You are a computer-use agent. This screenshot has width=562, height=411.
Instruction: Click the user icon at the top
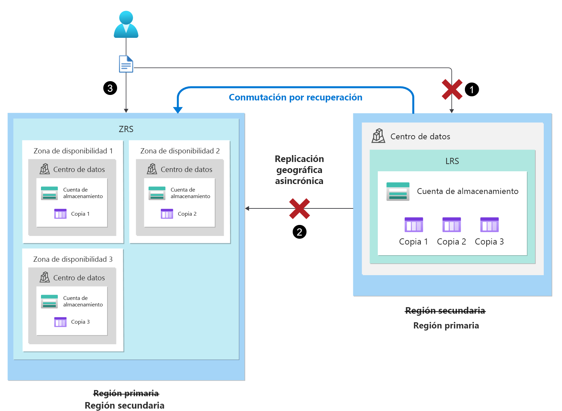126,24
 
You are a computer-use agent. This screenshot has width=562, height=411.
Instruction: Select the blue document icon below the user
126,64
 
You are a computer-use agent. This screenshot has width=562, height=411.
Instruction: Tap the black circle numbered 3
110,88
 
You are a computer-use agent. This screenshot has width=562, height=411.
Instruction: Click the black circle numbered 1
472,89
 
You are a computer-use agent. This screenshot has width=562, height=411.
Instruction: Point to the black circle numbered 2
299,232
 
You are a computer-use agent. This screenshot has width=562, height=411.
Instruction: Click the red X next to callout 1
452,89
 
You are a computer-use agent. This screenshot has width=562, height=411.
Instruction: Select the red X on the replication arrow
299,208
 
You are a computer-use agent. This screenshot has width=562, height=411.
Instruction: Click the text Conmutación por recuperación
295,97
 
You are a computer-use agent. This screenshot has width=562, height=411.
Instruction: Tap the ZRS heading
126,129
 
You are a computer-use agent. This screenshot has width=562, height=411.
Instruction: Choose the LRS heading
452,161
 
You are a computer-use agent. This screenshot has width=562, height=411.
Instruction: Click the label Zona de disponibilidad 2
180,151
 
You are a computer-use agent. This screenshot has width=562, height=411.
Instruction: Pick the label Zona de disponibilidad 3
73,259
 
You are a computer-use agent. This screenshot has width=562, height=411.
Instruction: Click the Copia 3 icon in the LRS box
489,225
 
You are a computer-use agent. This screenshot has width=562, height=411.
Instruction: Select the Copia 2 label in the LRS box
451,242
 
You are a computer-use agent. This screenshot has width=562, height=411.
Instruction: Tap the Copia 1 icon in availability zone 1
60,214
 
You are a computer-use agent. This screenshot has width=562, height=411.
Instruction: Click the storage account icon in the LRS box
398,191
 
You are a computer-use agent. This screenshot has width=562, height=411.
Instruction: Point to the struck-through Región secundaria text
445,311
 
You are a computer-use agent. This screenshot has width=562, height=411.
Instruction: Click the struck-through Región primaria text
126,393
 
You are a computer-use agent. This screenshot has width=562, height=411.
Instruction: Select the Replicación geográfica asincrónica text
299,170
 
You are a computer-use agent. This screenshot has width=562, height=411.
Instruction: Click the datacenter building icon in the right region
378,136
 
